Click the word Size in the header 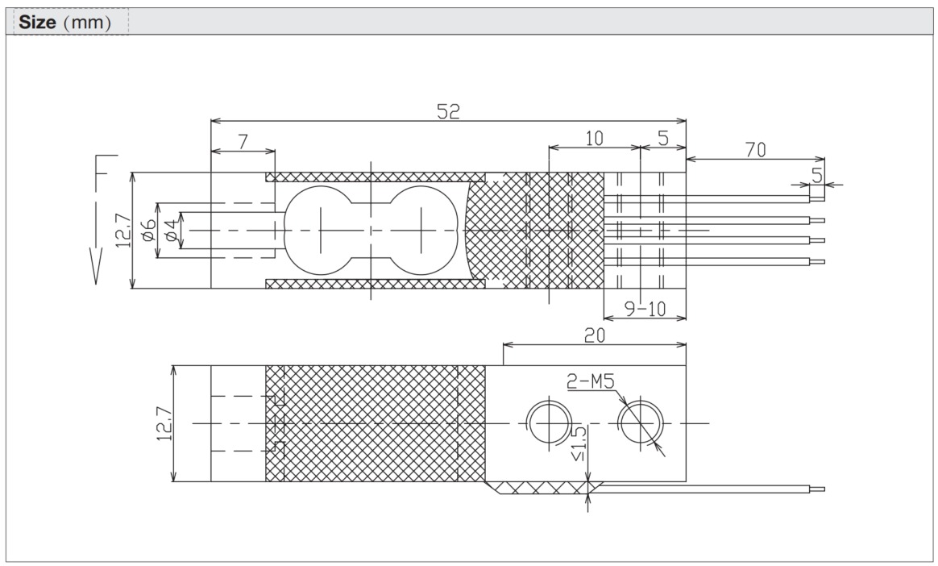36,22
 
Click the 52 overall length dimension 448,112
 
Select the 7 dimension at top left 243,141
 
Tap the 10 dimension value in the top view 594,138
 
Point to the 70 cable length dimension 755,149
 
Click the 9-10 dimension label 645,308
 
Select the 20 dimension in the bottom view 594,334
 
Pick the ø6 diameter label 147,230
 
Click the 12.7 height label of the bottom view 163,423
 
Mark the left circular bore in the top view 320,230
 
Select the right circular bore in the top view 421,230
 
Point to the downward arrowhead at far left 96,270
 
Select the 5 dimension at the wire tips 817,175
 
